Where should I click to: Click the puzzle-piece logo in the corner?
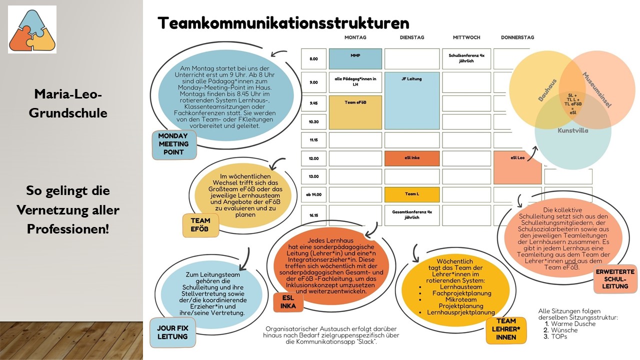tap(32, 29)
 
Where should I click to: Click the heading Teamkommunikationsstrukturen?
tap(283, 23)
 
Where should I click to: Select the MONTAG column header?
tap(355, 37)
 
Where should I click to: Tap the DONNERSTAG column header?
tap(517, 37)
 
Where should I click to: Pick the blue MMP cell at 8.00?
tap(355, 58)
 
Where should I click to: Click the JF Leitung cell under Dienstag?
tap(411, 100)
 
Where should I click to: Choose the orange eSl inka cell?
tap(411, 158)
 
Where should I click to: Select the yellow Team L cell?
tap(411, 194)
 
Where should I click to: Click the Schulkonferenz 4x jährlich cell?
tap(466, 58)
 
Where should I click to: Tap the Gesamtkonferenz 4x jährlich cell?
tap(411, 214)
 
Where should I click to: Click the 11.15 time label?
tap(313, 140)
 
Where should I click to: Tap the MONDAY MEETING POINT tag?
tap(173, 144)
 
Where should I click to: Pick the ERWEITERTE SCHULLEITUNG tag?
tap(615, 279)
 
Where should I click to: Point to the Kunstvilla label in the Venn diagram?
tap(572, 130)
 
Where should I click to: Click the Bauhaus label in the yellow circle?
tap(547, 90)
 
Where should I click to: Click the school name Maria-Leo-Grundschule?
tap(68, 103)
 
